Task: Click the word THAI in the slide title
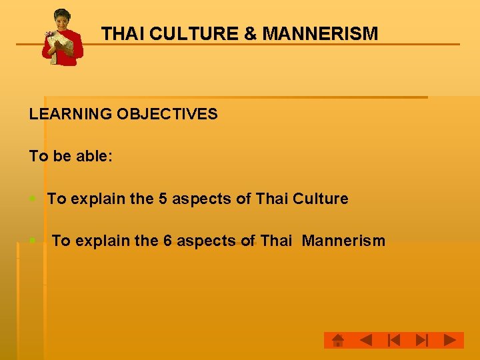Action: [x=123, y=33]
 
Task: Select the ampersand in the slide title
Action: [x=251, y=33]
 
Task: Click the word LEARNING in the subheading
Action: [x=70, y=114]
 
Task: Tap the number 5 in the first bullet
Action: [x=163, y=199]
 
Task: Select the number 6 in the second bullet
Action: [x=167, y=241]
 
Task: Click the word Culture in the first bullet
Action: [x=321, y=199]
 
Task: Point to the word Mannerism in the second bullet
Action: [x=343, y=241]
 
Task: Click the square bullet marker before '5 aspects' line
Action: [x=33, y=199]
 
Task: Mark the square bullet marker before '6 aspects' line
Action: [x=33, y=240]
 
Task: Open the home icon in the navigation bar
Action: [x=338, y=341]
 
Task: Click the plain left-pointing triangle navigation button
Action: [x=365, y=341]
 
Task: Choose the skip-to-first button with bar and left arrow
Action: [x=393, y=341]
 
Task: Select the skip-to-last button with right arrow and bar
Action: [x=421, y=341]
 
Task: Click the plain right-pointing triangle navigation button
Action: [x=450, y=341]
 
